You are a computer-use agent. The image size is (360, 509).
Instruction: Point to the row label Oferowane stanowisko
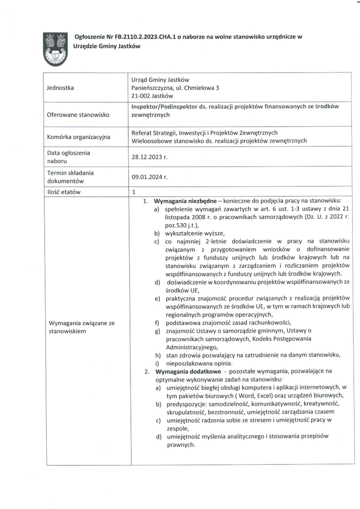click(78, 115)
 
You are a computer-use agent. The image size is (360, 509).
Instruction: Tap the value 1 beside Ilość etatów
click(134, 192)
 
